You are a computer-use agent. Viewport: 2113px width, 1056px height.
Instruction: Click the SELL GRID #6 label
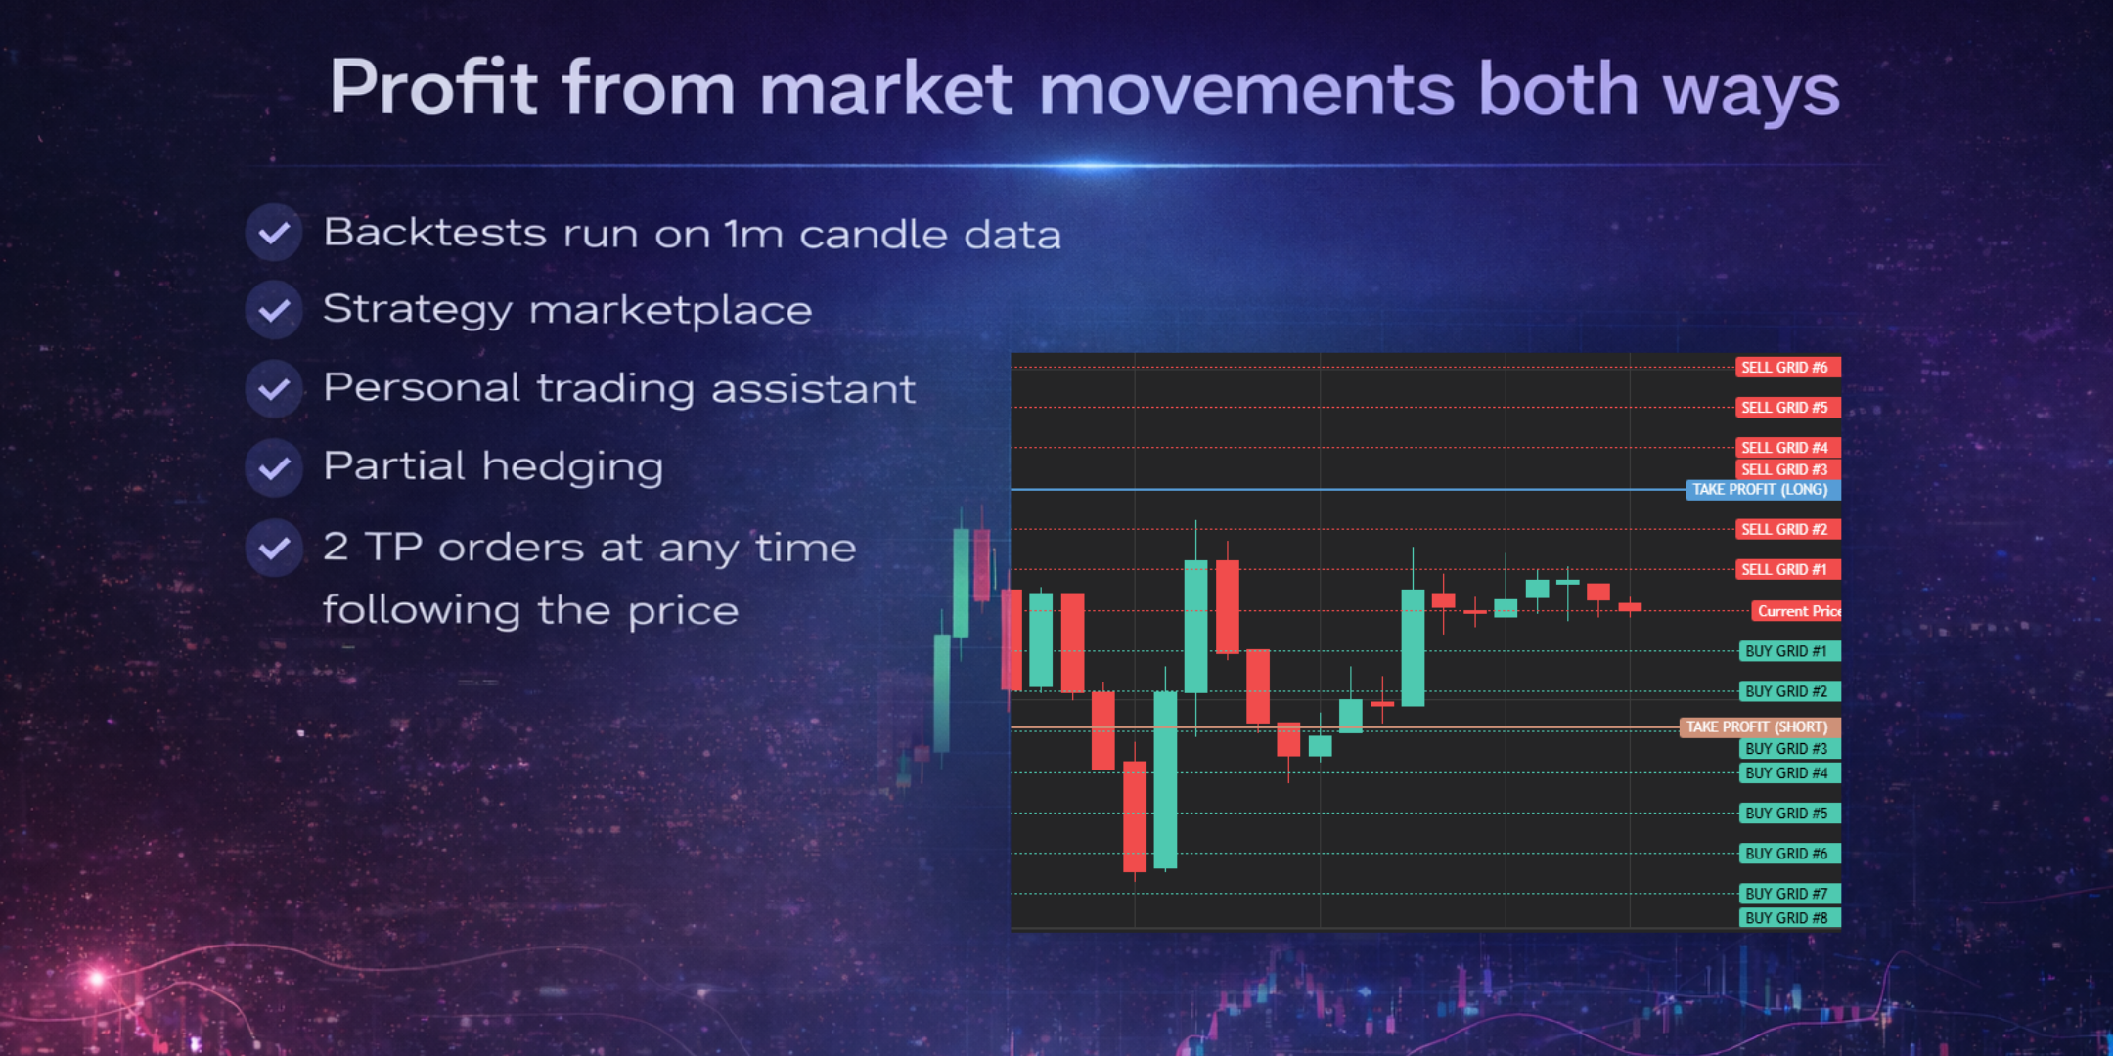point(1788,368)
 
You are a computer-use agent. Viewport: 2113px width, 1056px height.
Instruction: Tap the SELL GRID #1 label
point(1788,569)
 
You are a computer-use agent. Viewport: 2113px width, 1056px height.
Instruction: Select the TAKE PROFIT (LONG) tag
point(1763,489)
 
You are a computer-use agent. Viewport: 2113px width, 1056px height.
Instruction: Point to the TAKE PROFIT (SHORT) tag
point(1760,726)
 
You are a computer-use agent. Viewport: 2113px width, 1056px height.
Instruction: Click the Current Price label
point(1796,611)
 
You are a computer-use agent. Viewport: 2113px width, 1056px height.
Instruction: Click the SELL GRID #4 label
point(1788,448)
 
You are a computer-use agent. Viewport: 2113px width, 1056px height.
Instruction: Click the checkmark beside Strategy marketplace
point(274,311)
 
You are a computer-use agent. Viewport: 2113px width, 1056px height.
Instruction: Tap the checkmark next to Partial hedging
point(274,467)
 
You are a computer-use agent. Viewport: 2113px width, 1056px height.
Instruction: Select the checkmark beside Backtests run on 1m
point(274,233)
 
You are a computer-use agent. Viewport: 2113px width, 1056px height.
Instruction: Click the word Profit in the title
point(433,88)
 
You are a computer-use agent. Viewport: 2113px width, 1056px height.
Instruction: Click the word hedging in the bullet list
point(572,467)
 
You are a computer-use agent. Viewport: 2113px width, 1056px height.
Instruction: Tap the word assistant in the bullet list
point(814,389)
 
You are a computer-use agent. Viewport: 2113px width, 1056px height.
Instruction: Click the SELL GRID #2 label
point(1788,529)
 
